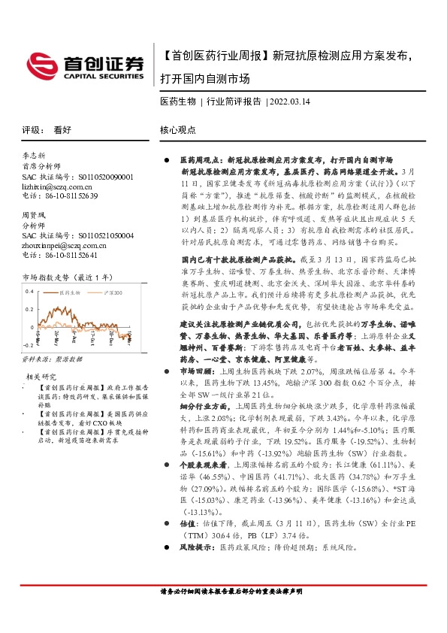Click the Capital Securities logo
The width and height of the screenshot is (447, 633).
(85, 65)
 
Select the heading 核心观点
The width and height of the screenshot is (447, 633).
(177, 129)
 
